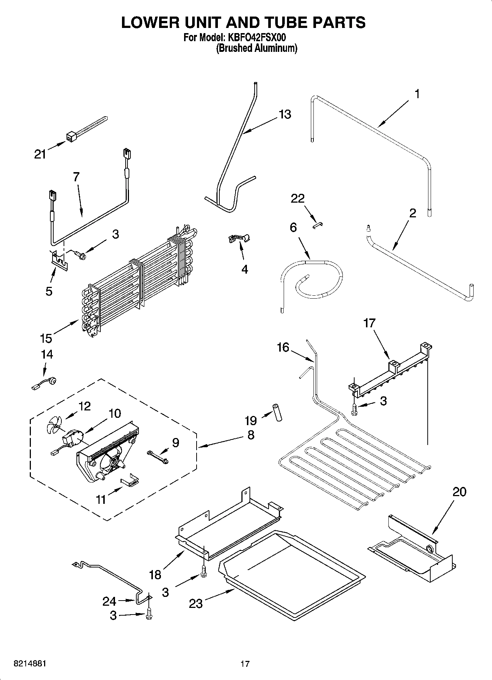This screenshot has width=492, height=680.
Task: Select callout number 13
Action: coord(285,114)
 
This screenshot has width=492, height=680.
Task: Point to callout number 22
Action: coord(298,199)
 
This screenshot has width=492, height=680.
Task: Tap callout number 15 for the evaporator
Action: coord(46,338)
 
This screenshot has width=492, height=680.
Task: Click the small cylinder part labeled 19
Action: coord(277,413)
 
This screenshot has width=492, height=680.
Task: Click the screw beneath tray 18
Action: coord(203,572)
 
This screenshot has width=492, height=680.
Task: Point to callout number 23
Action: coord(196,603)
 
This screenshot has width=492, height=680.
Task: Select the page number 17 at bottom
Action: coord(245,664)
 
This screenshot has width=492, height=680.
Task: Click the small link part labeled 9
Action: coord(157,456)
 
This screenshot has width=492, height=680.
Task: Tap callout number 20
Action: coord(459,492)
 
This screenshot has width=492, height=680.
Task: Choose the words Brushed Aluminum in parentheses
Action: coord(256,48)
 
